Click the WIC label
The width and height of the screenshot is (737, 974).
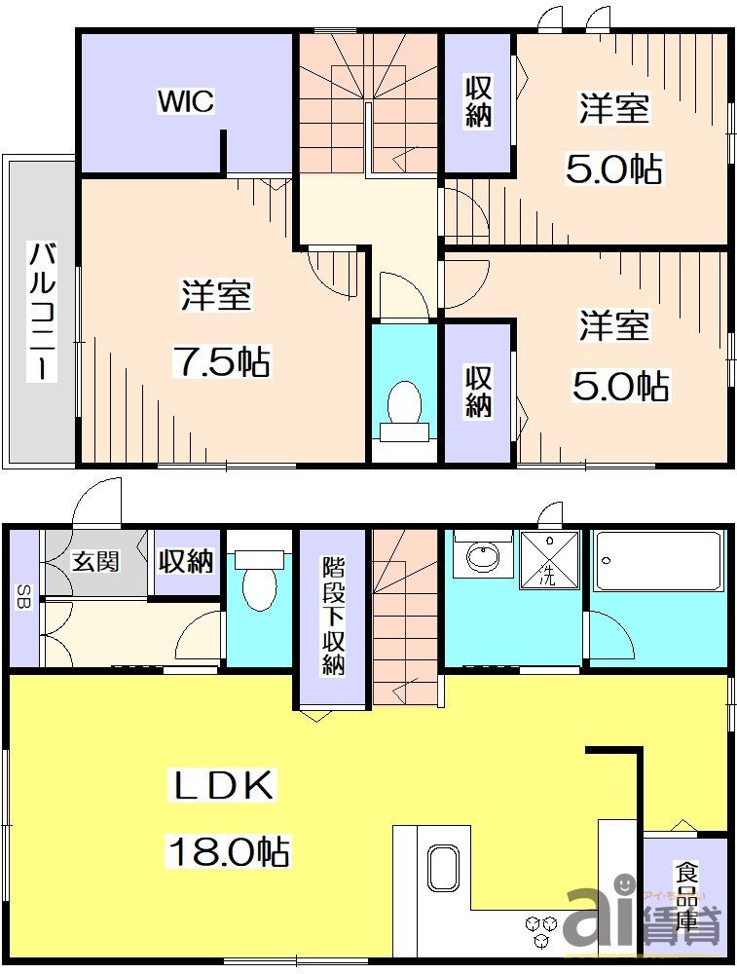(x=186, y=101)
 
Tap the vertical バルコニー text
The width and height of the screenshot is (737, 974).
(x=41, y=310)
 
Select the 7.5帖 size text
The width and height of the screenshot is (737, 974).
(x=221, y=362)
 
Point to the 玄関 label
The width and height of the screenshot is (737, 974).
(x=94, y=561)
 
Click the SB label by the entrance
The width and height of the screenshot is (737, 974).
(x=21, y=596)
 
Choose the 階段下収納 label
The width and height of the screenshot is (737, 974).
(x=333, y=616)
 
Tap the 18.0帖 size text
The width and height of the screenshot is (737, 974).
(x=230, y=852)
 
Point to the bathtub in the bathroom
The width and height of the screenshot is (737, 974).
(x=659, y=561)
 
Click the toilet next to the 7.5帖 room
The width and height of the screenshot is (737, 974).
(x=403, y=407)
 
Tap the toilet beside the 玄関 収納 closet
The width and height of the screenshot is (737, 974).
(x=259, y=582)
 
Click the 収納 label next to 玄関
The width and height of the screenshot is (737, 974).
(x=186, y=561)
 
